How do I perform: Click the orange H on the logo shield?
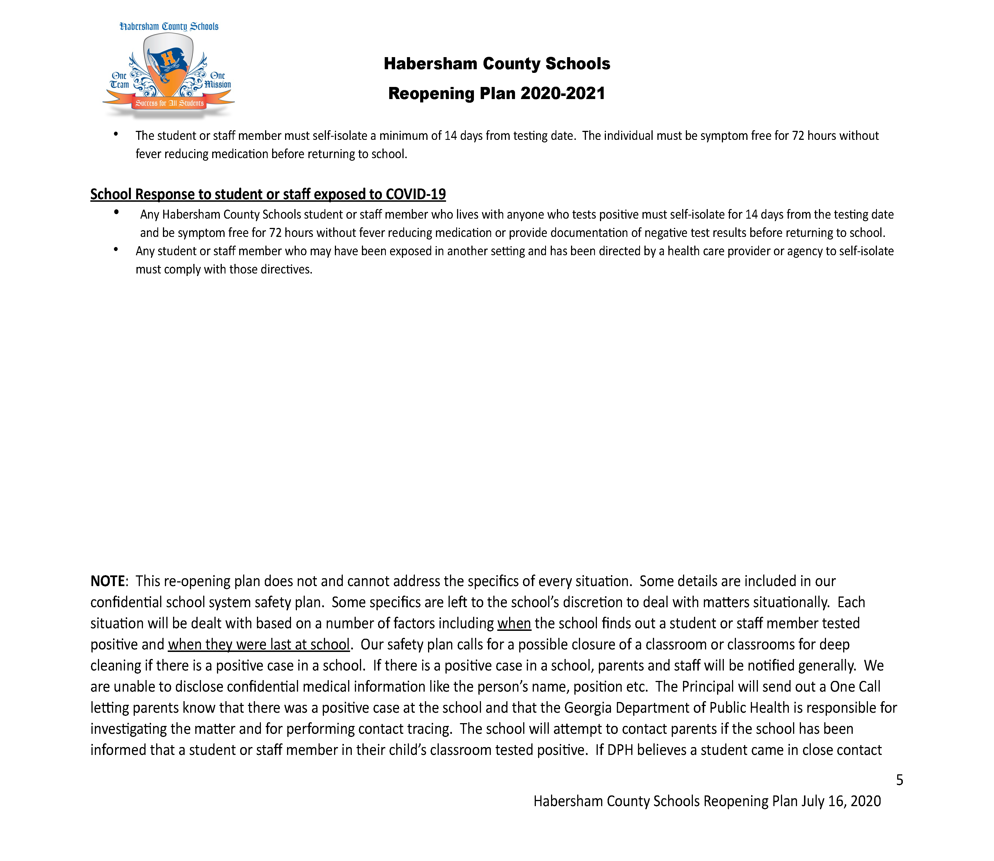pyautogui.click(x=168, y=59)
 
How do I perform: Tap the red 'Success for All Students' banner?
pyautogui.click(x=169, y=103)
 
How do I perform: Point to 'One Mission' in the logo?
pyautogui.click(x=218, y=80)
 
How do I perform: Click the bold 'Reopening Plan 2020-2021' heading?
pyautogui.click(x=496, y=93)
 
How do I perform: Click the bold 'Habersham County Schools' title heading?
pyautogui.click(x=496, y=63)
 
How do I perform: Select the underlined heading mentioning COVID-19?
pyautogui.click(x=268, y=194)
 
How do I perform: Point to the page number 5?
pyautogui.click(x=899, y=780)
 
